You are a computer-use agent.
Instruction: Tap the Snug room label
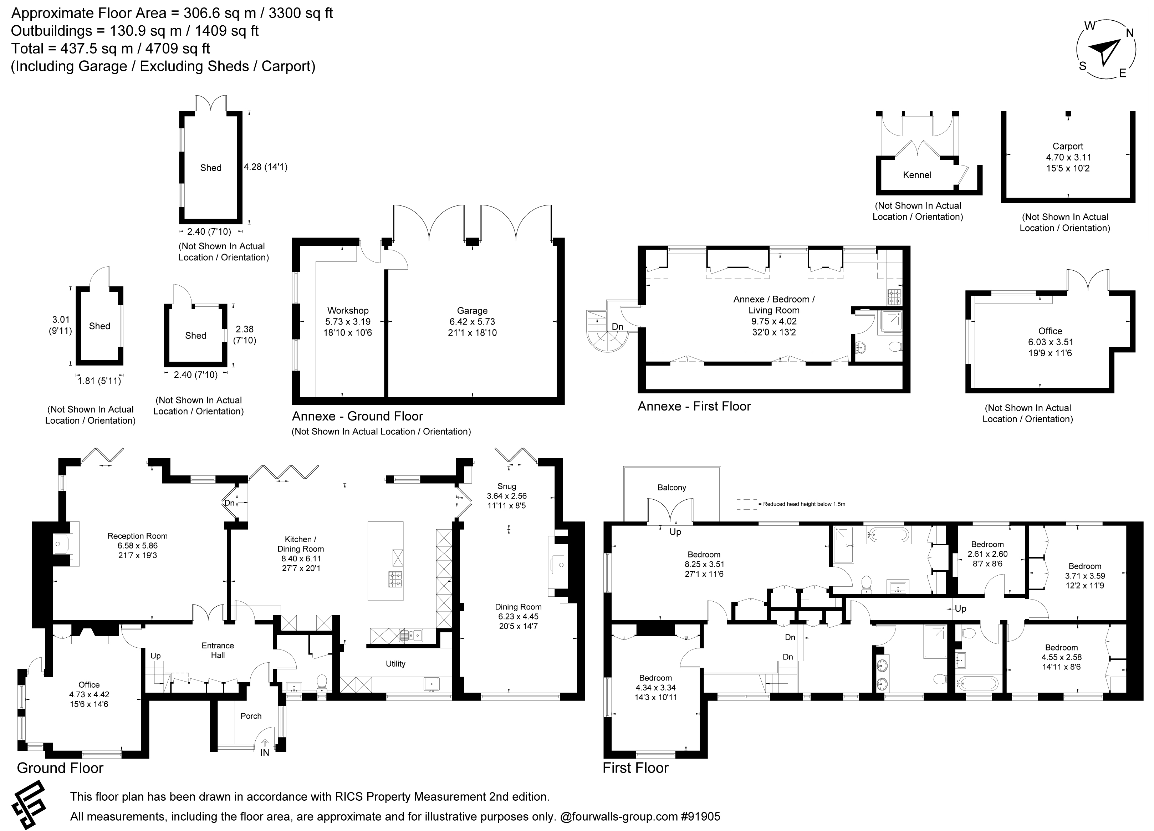pos(506,486)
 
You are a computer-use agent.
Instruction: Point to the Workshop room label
pos(348,310)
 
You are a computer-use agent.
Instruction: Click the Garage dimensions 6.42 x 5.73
pos(472,322)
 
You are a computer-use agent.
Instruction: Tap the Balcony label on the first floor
pos(672,488)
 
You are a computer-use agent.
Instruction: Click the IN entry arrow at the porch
pos(265,748)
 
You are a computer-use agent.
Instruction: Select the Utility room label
pos(395,664)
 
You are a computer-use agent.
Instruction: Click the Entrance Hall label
pos(218,650)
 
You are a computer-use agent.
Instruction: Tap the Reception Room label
pos(137,536)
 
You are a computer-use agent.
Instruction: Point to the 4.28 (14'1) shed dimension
pos(266,167)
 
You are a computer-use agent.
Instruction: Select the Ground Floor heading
pos(60,768)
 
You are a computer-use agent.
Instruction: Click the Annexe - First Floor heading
pos(694,406)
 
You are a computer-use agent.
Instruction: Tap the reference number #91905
pos(700,817)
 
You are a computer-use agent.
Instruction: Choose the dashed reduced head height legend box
pos(746,504)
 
